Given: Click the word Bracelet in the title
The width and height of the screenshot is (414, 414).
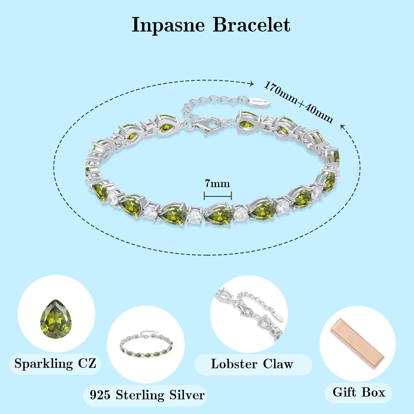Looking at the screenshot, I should (x=251, y=25).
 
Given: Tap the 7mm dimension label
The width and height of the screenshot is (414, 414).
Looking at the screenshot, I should (x=217, y=184).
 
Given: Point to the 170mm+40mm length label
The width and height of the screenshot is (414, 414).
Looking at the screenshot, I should (x=298, y=102).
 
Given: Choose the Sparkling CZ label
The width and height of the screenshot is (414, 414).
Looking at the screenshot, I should (x=55, y=363).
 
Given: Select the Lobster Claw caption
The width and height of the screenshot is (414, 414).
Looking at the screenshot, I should (x=252, y=364).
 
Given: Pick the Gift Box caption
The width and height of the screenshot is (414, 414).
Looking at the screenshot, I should (x=359, y=392).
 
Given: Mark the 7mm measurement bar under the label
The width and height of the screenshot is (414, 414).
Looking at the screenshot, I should (x=217, y=196).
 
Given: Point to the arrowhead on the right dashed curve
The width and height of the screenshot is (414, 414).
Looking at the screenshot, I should (x=343, y=127).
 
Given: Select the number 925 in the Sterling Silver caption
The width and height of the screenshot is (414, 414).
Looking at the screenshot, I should (x=100, y=395).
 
